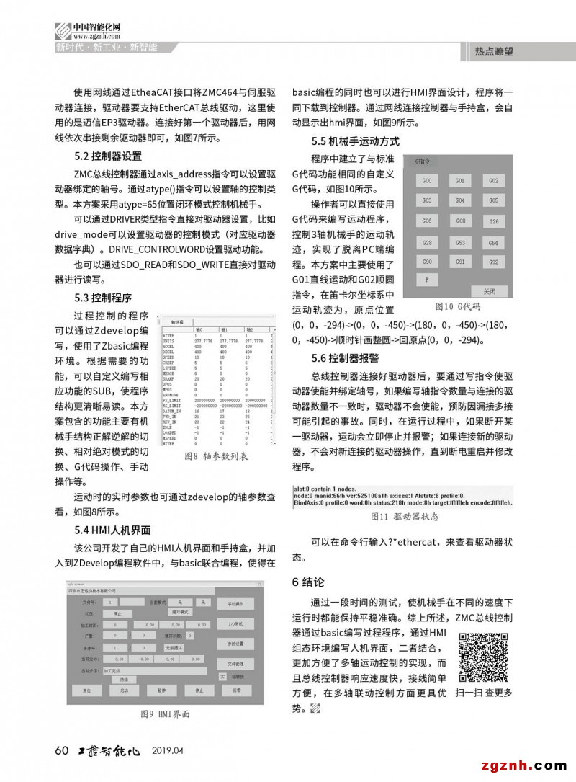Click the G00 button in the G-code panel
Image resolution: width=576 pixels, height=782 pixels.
tap(427, 180)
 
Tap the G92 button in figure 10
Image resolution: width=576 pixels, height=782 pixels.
tap(493, 262)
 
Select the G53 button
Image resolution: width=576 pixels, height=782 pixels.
tap(460, 243)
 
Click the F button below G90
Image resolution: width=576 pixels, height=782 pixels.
tap(427, 278)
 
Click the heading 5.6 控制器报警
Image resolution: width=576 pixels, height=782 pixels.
tap(345, 358)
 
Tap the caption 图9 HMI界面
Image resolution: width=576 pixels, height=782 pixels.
tap(165, 714)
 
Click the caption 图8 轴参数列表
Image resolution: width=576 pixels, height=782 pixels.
tap(216, 456)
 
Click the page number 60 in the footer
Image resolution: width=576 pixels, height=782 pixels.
tap(62, 752)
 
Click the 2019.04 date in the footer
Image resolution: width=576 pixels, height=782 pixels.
tap(168, 752)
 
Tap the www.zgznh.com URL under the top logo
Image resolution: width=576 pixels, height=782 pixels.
tap(91, 35)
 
